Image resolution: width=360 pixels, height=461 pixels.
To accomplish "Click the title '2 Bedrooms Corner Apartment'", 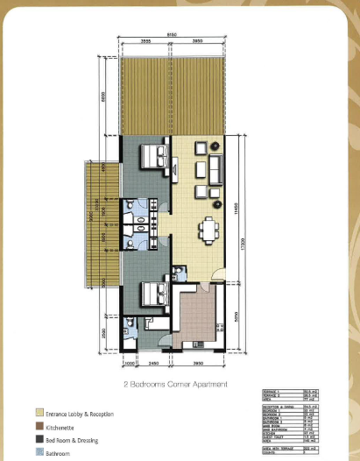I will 178,384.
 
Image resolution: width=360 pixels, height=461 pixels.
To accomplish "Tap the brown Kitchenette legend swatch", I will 39,425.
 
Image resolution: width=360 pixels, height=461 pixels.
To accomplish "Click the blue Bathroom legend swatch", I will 39,452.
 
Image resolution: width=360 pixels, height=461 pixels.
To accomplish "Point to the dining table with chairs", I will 209,230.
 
